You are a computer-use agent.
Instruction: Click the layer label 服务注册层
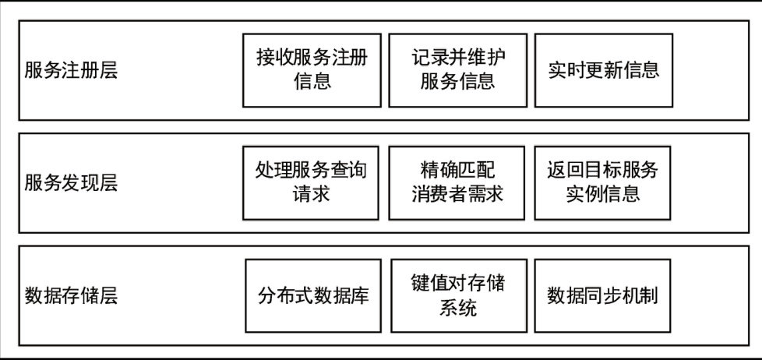pos(71,71)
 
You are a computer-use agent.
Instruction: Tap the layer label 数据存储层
pos(71,296)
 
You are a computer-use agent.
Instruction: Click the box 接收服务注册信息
pos(312,69)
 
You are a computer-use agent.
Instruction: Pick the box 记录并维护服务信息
pos(457,69)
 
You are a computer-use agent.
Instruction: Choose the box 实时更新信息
pos(603,69)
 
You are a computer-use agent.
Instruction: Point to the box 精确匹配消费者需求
pos(457,182)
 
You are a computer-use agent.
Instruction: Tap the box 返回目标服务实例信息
pos(603,182)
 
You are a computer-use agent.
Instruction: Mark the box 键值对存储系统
pos(457,295)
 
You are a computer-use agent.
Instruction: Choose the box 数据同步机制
pos(604,296)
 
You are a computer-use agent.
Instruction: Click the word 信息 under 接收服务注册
pos(312,81)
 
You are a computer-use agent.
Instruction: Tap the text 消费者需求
pos(457,193)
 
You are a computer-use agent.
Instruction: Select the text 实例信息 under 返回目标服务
pos(603,193)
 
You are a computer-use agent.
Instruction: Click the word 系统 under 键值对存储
pos(457,307)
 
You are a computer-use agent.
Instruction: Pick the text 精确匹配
pos(457,170)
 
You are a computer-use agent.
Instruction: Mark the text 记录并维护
pos(457,58)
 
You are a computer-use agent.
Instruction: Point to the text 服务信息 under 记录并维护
pos(457,81)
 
